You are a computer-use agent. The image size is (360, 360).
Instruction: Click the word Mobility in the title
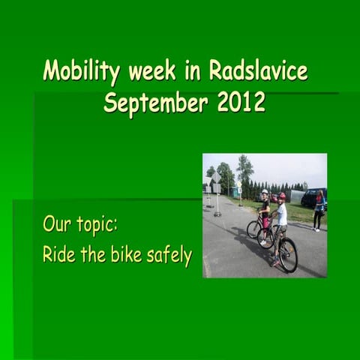[82, 71]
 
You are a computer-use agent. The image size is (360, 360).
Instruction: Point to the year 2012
[241, 102]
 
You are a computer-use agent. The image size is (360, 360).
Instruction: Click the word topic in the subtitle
[96, 225]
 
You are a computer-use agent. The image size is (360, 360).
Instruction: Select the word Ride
[58, 255]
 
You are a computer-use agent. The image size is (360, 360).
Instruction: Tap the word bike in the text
[131, 255]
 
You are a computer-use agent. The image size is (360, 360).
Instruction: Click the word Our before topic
[57, 224]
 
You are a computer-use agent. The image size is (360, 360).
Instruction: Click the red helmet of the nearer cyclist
[281, 196]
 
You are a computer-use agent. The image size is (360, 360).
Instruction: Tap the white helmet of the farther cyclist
[264, 193]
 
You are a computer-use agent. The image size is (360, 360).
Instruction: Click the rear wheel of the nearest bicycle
[288, 255]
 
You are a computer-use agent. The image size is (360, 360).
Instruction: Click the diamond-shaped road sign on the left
[216, 178]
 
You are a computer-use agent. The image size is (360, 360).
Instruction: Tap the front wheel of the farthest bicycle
[253, 229]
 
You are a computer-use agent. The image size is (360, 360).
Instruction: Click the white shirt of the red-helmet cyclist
[281, 214]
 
